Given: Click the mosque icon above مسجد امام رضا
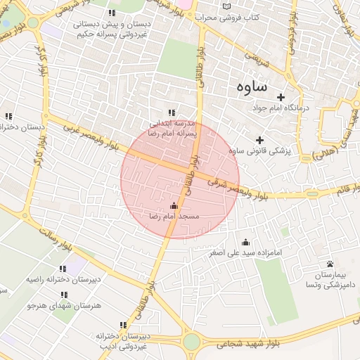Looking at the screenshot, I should coord(174,205).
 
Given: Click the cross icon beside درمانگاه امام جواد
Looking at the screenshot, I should coord(281,97).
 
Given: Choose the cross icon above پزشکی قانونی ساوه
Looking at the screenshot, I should coord(260,139).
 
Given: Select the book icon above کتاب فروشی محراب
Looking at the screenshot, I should coord(226,6).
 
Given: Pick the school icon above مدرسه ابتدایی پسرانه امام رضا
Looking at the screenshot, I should coord(171,112).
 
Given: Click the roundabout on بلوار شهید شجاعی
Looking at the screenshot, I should coord(191,342).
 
